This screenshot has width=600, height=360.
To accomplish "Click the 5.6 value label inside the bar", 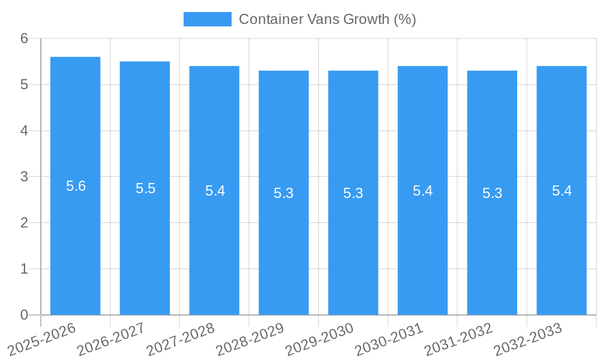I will point(76,186).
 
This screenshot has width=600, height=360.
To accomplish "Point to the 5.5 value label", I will point(145,188).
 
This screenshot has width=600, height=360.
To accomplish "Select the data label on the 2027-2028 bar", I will point(215,191).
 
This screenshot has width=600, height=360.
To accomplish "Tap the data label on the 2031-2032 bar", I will point(492,193).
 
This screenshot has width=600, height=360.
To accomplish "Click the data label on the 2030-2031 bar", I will point(422,191).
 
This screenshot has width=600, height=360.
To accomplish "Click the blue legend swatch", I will point(207,19).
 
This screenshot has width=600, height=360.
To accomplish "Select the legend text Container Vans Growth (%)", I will point(327,19).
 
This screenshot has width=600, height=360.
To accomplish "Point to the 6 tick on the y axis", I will point(24,38).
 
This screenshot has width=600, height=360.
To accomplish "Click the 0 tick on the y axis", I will point(24,315).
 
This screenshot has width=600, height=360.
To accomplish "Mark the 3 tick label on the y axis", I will point(24,177).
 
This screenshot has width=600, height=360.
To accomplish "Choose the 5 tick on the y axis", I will point(24,85).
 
